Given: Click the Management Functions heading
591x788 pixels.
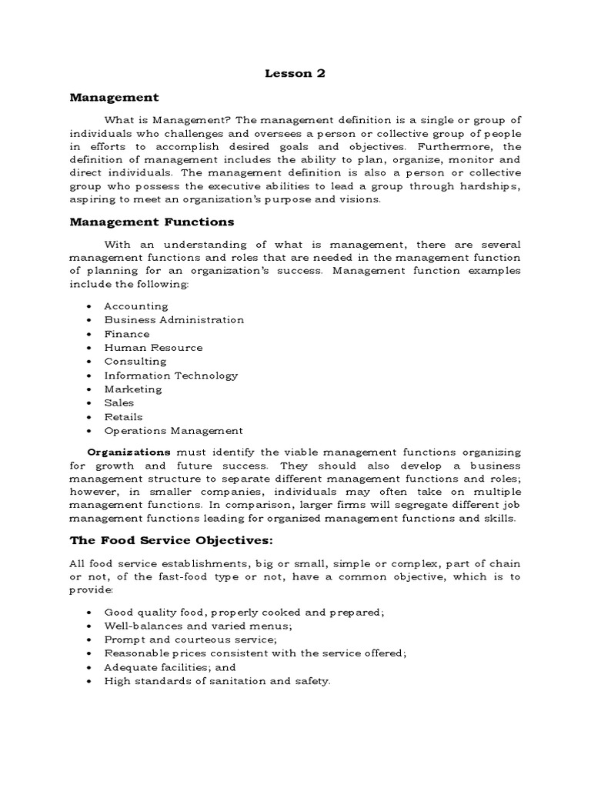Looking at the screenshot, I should tap(152, 222).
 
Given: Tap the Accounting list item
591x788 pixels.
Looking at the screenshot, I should tap(135, 306).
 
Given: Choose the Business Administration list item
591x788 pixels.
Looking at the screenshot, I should tap(174, 319).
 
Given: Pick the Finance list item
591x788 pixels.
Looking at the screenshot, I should tap(127, 334).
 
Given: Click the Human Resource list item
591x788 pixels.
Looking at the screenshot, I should tap(153, 348).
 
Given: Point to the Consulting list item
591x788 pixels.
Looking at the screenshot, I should tap(135, 361).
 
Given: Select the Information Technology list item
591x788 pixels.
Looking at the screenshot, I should tap(171, 376).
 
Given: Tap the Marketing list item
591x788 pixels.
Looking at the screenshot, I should tap(133, 389).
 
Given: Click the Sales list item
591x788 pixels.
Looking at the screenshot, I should tap(119, 402).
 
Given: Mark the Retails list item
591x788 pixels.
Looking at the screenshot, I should tap(123, 416).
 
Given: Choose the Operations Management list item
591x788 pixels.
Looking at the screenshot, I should tap(173, 431).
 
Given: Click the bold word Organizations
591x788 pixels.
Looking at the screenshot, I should tap(129, 452).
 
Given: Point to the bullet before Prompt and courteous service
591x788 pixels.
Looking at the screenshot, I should tap(90, 639).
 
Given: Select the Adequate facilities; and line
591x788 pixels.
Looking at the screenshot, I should tap(170, 667).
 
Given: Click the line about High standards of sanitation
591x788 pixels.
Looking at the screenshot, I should tap(217, 681).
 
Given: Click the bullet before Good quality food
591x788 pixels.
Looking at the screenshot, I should tap(90, 612).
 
